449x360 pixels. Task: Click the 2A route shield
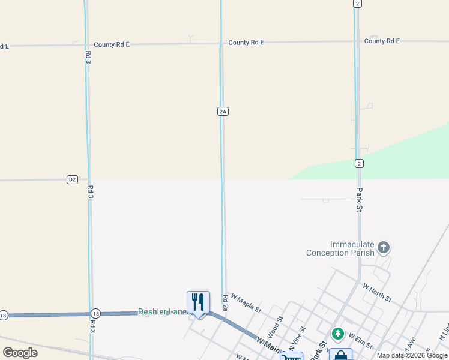(x=223, y=111)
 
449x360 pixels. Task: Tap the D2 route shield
(x=72, y=179)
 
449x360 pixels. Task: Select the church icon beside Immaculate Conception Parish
(x=384, y=247)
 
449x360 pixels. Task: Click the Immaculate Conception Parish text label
(x=340, y=248)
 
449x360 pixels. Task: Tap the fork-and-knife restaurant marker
(x=198, y=302)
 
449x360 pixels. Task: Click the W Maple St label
(x=246, y=302)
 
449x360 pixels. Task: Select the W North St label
(x=377, y=293)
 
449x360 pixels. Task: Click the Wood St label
(x=273, y=329)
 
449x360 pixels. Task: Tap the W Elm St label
(x=360, y=342)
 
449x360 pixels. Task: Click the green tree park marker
(x=338, y=334)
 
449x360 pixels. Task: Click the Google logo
(x=20, y=353)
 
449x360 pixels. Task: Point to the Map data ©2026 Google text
(x=412, y=355)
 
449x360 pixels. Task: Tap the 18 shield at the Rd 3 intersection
(x=95, y=314)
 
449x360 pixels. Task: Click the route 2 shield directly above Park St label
(x=359, y=163)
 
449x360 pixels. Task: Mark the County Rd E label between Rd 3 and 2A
(x=112, y=44)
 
